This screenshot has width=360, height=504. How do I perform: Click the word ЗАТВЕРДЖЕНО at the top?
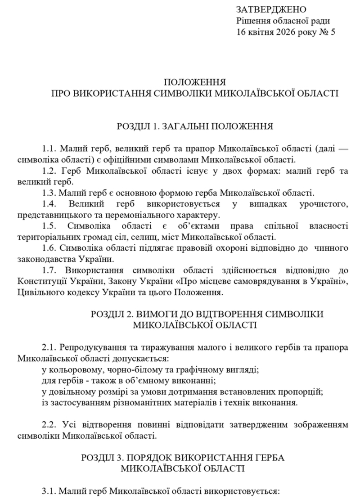point(271,9)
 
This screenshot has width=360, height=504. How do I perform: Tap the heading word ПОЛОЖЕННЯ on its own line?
point(194,82)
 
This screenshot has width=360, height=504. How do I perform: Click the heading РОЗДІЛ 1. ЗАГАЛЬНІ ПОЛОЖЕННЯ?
point(194,126)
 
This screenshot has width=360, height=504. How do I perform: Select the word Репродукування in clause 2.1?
point(94,348)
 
